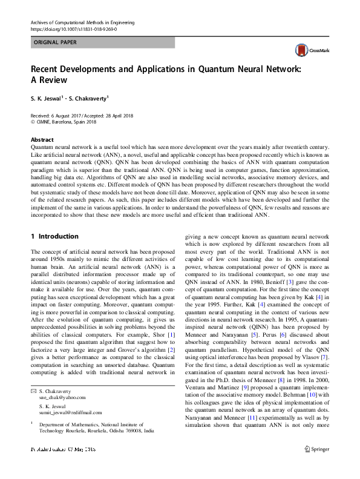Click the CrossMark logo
tap(310, 50)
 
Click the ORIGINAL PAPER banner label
tap(55, 43)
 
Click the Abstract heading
tap(42, 139)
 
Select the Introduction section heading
tap(58, 236)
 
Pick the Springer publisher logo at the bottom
tap(316, 466)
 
